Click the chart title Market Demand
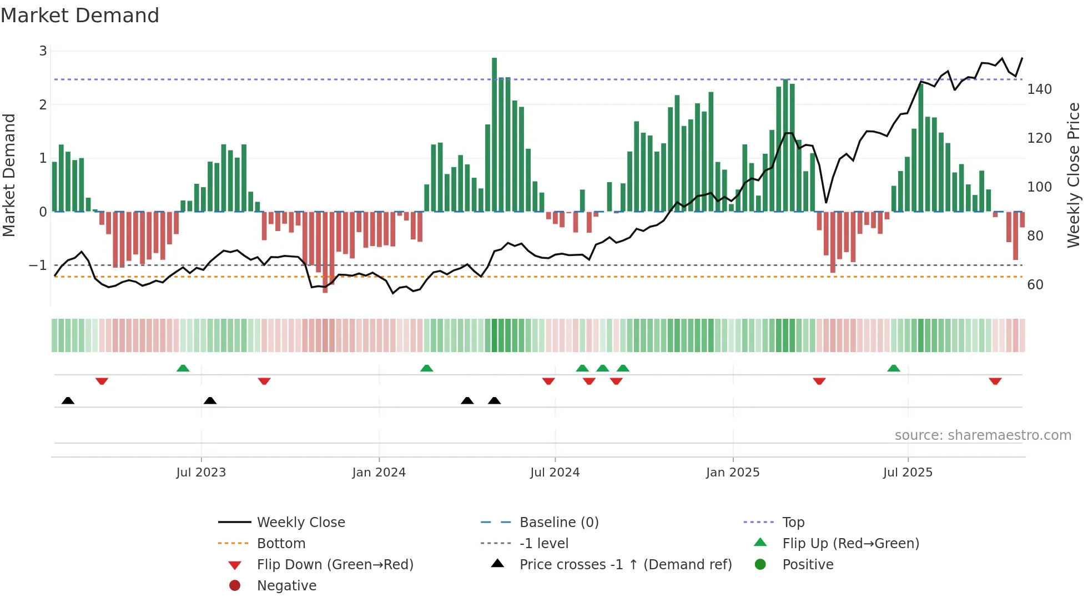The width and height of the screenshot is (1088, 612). (x=80, y=15)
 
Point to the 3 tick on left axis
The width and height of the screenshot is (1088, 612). (x=43, y=51)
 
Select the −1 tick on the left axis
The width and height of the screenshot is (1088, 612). (x=38, y=265)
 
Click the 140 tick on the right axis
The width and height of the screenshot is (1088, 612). (x=1039, y=89)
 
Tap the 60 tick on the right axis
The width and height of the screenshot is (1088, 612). (x=1035, y=285)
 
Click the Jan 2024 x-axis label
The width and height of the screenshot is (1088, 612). (x=379, y=473)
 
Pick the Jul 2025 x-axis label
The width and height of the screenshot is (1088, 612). (x=908, y=473)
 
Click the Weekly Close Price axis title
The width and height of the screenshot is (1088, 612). (x=1074, y=175)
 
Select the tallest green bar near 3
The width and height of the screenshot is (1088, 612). (x=494, y=133)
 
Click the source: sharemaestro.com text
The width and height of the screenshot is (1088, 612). (x=983, y=435)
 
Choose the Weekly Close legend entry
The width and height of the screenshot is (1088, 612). (x=300, y=523)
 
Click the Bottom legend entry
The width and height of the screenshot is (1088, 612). (x=281, y=544)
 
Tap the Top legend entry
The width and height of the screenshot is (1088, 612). (x=793, y=523)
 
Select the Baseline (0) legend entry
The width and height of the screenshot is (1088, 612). (x=558, y=523)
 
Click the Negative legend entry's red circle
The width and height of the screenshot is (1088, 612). (x=235, y=586)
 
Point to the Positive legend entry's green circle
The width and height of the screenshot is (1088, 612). (x=760, y=565)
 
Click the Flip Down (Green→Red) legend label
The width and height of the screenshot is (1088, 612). (x=335, y=565)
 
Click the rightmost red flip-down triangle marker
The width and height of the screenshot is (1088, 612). (x=995, y=381)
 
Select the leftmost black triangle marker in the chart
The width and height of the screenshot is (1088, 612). (x=68, y=400)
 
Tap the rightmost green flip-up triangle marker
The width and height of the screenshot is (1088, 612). (x=893, y=368)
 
